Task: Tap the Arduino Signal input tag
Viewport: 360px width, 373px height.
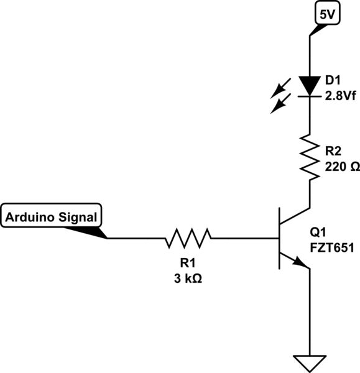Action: click(x=53, y=217)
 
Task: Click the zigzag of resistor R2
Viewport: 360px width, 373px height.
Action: click(x=309, y=156)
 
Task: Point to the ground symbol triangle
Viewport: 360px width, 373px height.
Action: click(x=309, y=361)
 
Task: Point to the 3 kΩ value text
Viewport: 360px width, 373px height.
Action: click(x=188, y=279)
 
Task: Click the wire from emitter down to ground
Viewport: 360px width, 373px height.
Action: click(x=309, y=311)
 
